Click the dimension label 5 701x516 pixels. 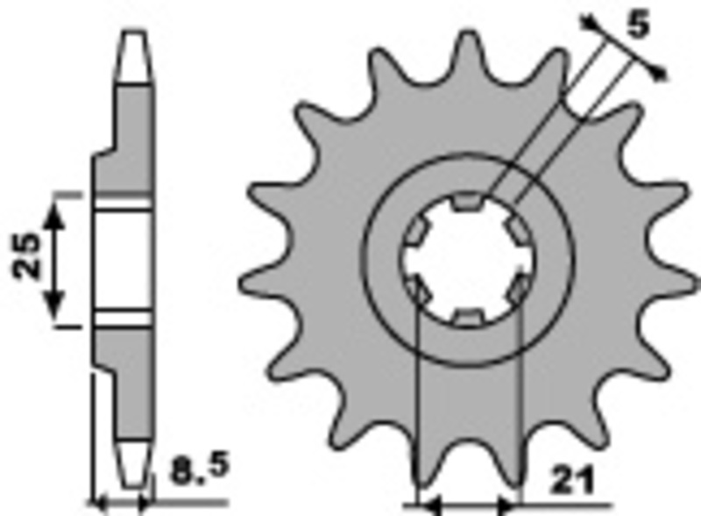coord(638,26)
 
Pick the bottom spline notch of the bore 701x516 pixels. coord(469,316)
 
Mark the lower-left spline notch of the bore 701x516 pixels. coord(417,289)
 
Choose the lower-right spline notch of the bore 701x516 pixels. coord(519,289)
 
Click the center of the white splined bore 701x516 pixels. coord(468,260)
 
